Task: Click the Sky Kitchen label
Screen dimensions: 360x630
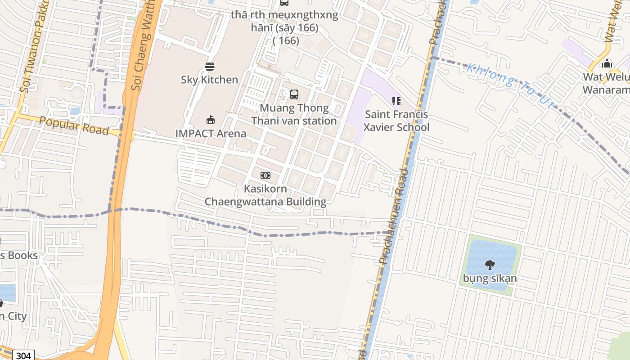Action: (x=209, y=80)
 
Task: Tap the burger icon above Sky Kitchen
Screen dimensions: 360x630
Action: (x=210, y=67)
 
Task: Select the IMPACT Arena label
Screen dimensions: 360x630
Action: (x=211, y=134)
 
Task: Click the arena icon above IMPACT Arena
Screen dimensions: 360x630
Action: (x=210, y=120)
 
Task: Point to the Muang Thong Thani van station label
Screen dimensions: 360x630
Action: (x=294, y=114)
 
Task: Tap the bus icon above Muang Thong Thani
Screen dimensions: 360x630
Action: (x=294, y=94)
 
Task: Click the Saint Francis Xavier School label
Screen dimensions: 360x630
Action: (x=396, y=121)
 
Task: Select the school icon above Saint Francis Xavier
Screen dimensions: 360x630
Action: (x=396, y=101)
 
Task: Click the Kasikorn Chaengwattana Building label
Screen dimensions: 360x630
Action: (x=265, y=195)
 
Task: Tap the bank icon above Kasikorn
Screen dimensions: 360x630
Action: (x=265, y=175)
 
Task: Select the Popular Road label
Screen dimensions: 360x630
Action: (x=74, y=126)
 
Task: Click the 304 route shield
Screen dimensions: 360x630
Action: (x=22, y=355)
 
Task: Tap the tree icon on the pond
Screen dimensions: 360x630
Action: (x=490, y=265)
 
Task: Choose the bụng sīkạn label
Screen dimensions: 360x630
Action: (x=490, y=278)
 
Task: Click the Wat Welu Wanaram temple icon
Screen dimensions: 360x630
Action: (x=607, y=64)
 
